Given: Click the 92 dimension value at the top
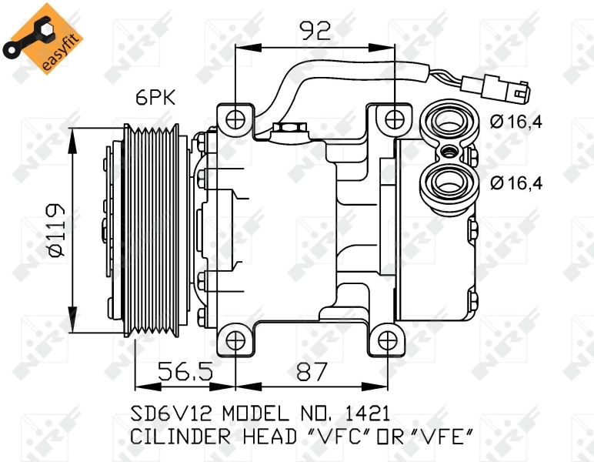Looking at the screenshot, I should [315, 30].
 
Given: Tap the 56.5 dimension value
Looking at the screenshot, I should [185, 373].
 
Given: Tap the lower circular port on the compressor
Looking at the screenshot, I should [447, 182].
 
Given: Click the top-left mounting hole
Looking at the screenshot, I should [236, 119].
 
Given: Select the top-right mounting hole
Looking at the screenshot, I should [394, 119].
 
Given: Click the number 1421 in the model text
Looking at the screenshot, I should [364, 412].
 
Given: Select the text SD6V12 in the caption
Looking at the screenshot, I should [170, 412].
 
